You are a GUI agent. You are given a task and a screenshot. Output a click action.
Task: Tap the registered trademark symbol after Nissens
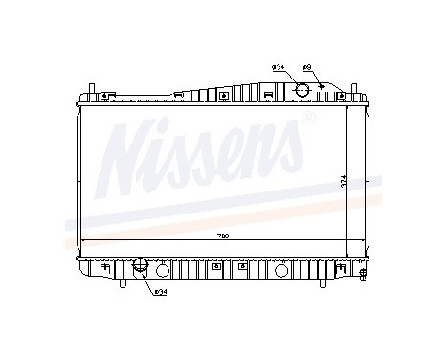(308, 120)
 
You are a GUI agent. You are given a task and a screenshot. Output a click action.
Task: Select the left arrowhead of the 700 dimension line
(83, 240)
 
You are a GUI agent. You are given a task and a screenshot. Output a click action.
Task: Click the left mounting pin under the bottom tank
(123, 284)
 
